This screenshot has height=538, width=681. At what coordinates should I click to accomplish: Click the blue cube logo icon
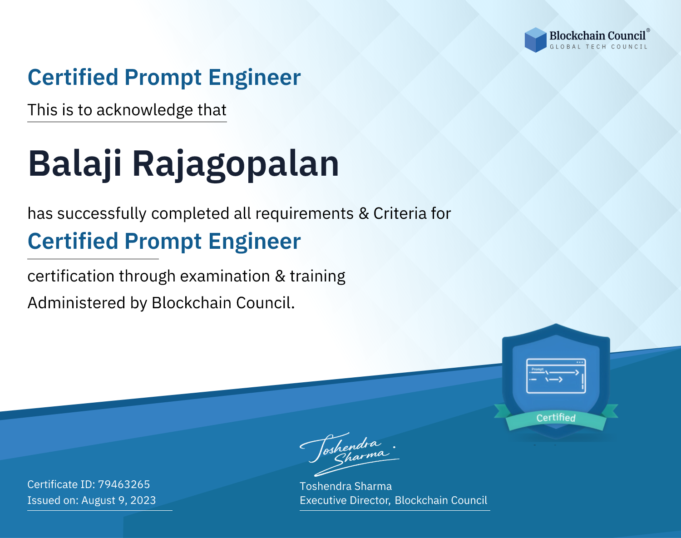[x=535, y=40]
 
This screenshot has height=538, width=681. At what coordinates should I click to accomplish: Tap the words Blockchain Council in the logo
[x=597, y=36]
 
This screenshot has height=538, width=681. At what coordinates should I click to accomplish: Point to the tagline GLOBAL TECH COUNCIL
[x=598, y=47]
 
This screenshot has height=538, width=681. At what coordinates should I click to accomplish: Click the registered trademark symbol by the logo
[x=648, y=30]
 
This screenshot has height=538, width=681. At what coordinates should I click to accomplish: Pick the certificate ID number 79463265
[x=124, y=484]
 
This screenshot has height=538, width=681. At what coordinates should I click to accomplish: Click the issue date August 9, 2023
[x=118, y=500]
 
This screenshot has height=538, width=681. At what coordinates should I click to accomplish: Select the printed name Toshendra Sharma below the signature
[x=345, y=486]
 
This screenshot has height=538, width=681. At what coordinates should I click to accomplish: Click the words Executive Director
[x=345, y=500]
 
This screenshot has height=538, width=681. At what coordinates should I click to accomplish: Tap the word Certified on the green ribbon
[x=556, y=418]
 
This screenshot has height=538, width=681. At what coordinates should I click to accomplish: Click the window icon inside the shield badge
[x=556, y=376]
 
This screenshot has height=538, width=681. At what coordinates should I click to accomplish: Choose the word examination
[x=225, y=276]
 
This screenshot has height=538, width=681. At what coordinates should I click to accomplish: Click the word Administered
[x=77, y=303]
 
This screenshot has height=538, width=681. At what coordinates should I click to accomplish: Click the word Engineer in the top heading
[x=254, y=78]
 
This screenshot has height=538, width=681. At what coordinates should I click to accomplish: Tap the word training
[x=317, y=276]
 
